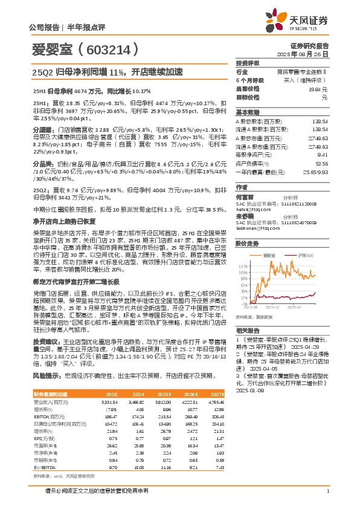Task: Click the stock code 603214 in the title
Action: coord(82,48)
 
